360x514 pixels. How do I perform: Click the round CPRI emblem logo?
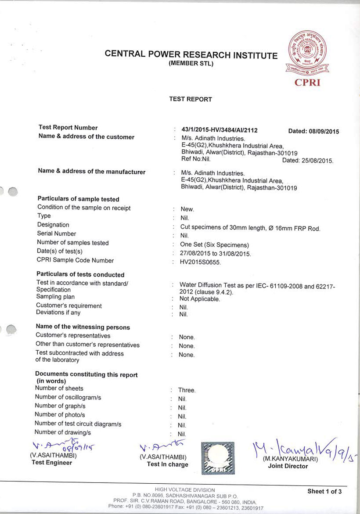pyautogui.click(x=308, y=54)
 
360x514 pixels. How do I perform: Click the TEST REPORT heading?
pyautogui.click(x=191, y=99)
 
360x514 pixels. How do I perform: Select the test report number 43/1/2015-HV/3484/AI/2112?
pyautogui.click(x=219, y=130)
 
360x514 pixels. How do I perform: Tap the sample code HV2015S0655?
pyautogui.click(x=201, y=262)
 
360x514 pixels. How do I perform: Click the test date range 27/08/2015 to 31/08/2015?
pyautogui.click(x=216, y=254)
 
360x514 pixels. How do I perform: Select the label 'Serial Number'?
pyautogui.click(x=57, y=234)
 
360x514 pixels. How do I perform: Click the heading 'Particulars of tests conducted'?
pyautogui.click(x=80, y=274)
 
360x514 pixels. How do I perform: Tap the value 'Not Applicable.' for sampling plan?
pyautogui.click(x=200, y=299)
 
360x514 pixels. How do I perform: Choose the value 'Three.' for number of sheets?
pyautogui.click(x=187, y=390)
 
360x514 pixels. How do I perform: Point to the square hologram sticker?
pyautogui.click(x=218, y=457)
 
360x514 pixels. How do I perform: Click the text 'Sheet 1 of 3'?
pyautogui.click(x=324, y=491)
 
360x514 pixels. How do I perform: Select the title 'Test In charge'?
pyautogui.click(x=167, y=464)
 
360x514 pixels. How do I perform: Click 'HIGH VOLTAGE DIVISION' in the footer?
pyautogui.click(x=185, y=490)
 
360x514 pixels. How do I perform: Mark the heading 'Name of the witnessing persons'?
pyautogui.click(x=83, y=327)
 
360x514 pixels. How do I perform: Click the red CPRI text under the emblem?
pyautogui.click(x=307, y=83)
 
